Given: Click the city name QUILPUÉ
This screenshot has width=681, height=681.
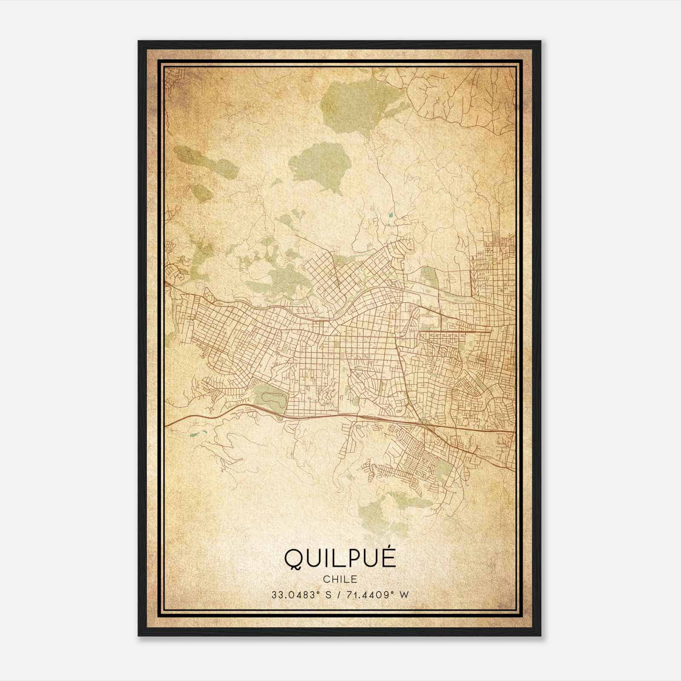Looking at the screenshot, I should [340, 558].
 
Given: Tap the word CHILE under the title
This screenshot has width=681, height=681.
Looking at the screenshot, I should [340, 579].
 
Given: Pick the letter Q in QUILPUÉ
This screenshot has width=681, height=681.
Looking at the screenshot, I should [293, 558].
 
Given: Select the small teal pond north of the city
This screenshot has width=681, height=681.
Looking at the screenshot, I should [390, 214].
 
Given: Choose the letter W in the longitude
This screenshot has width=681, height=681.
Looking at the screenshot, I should [404, 595].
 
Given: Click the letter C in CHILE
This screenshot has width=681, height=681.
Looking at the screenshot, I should [326, 579].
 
